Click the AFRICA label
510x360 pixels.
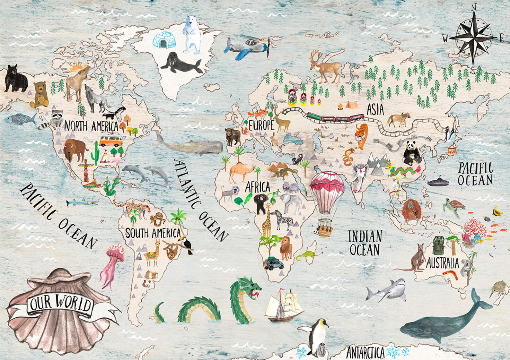point(258,187)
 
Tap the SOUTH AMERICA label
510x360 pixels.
point(153,233)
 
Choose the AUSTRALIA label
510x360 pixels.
point(443,263)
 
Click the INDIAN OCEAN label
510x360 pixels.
point(365,243)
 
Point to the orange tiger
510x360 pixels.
point(361,135)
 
